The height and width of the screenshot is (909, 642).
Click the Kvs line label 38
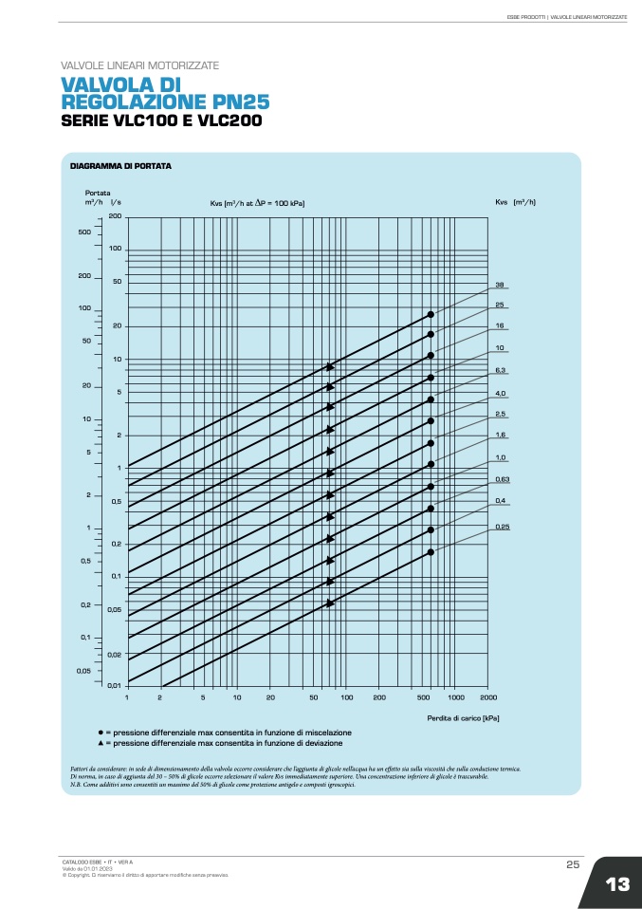pos(499,284)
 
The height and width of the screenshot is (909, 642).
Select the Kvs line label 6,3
pos(500,370)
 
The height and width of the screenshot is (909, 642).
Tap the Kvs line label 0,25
pos(503,526)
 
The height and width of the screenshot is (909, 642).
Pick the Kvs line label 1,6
pos(500,435)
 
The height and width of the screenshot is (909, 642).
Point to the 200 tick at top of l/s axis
pos(115,216)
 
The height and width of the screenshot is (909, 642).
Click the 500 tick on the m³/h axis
pos(84,232)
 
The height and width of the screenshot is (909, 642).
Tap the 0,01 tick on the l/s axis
pos(115,685)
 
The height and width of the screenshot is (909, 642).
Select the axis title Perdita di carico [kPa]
pos(463,718)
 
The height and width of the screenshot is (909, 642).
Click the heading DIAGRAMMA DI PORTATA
pos(120,166)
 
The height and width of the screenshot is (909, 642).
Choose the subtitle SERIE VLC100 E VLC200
pos(161,121)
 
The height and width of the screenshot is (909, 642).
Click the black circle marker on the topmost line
pos(431,314)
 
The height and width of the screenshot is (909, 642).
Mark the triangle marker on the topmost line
pos(330,366)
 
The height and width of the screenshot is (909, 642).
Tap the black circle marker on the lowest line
pos(431,551)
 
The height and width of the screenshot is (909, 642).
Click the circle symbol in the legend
pos(101,733)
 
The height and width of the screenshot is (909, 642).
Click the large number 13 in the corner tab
pos(616,884)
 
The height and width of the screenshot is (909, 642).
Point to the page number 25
pos(573,864)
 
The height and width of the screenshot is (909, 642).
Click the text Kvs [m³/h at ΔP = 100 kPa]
pos(257,203)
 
